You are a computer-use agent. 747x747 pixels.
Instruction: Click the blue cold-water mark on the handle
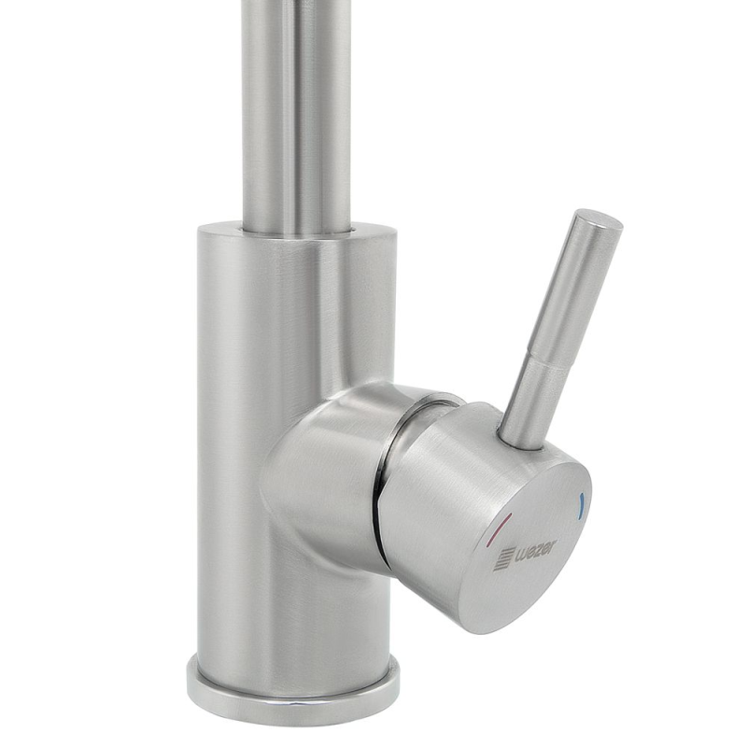580,507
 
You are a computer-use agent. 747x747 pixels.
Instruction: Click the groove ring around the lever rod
545,358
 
